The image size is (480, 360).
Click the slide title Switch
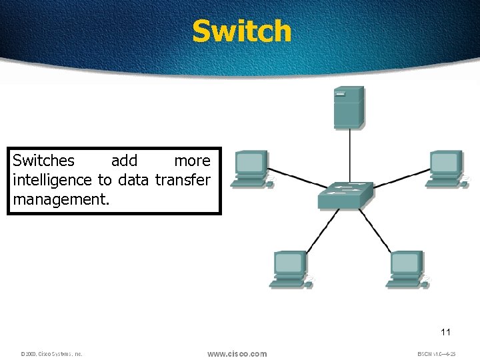coord(241,31)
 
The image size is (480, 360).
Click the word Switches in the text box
coord(44,161)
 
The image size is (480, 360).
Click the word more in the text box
coord(192,161)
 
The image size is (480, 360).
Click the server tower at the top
coord(349,107)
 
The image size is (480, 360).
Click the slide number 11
coord(446,331)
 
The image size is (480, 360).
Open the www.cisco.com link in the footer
coord(237,353)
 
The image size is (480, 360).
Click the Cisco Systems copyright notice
coord(51,354)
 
